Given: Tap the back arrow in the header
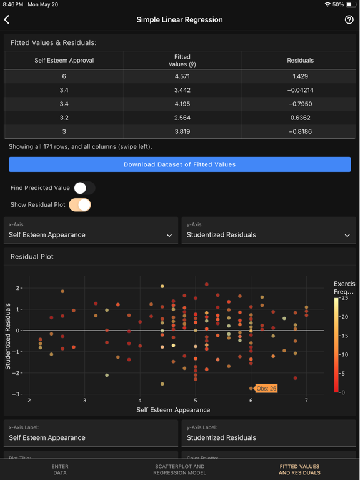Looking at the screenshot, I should tap(7, 20).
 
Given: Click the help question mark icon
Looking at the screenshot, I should tap(349, 20).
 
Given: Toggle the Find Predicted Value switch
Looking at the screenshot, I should tap(84, 188).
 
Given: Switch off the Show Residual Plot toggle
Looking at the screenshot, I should tap(80, 205).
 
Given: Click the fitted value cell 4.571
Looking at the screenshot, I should tap(182, 76).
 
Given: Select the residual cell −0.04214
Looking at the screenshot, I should tap(300, 90).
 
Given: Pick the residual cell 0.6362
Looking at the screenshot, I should tap(300, 117).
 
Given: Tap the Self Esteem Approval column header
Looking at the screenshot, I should tap(64, 61).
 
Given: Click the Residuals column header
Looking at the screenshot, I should tap(300, 61).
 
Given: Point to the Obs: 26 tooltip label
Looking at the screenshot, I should tap(266, 389).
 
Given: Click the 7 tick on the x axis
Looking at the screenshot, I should tap(306, 401).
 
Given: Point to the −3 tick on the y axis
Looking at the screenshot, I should tap(19, 394).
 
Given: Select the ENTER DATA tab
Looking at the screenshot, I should tap(60, 469).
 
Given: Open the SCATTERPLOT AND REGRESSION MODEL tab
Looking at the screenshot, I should tap(179, 469).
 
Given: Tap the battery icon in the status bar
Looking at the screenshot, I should tap(351, 4).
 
